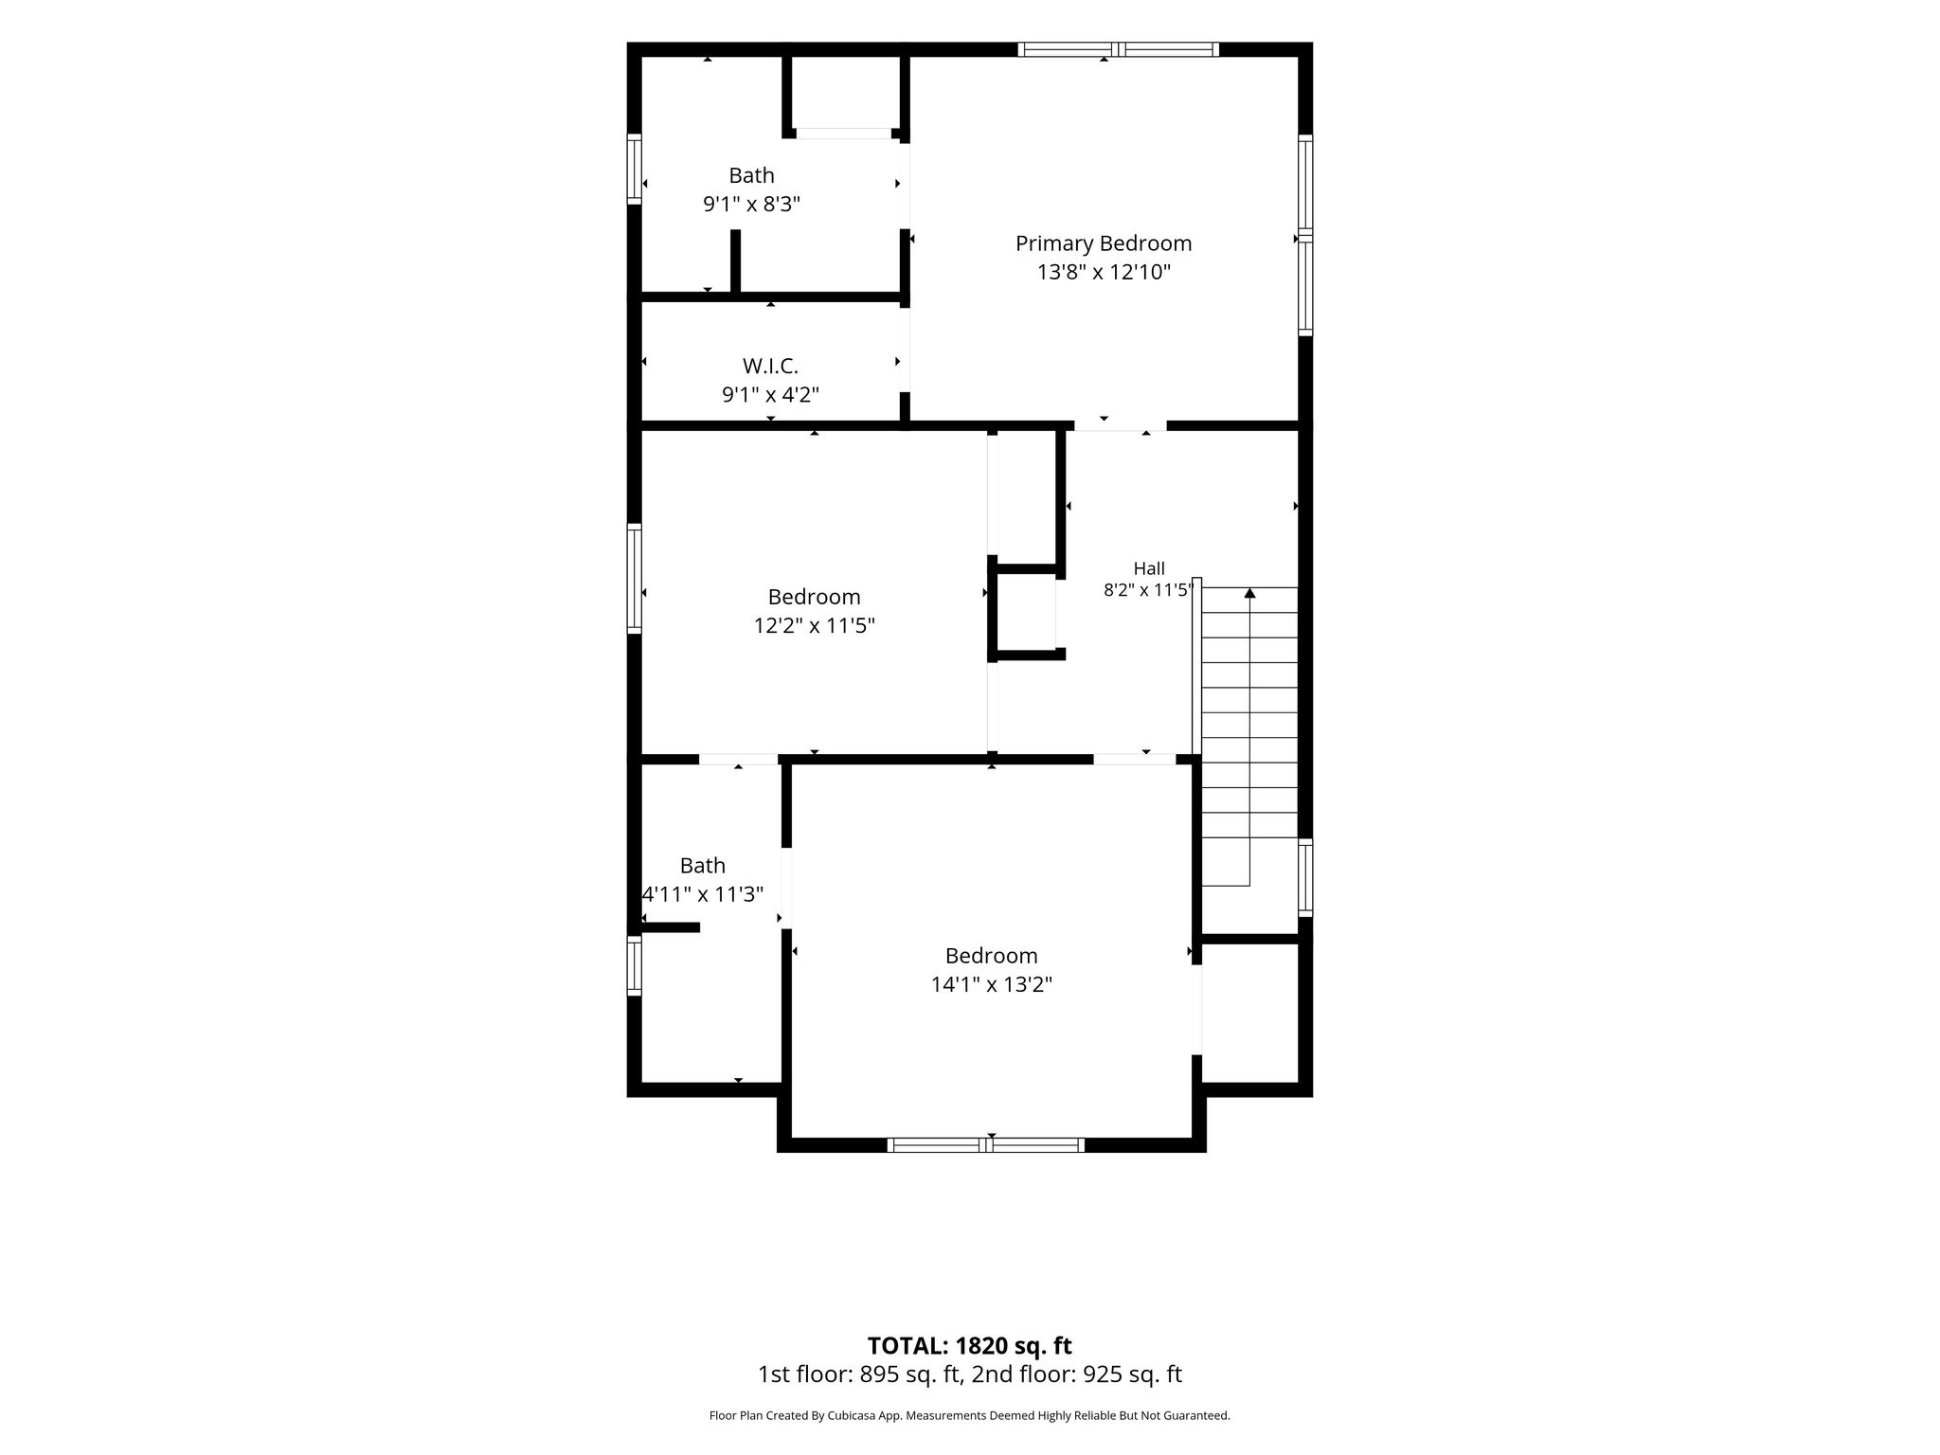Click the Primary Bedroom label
pyautogui.click(x=1104, y=243)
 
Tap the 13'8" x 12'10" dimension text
pyautogui.click(x=1104, y=273)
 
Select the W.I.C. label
pyautogui.click(x=770, y=366)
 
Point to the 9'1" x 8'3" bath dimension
pyautogui.click(x=751, y=204)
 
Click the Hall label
pyautogui.click(x=1149, y=568)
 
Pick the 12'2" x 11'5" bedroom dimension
pyautogui.click(x=814, y=626)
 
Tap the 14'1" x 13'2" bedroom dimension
pyautogui.click(x=992, y=985)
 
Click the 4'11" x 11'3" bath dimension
pyautogui.click(x=703, y=894)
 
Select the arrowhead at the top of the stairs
pyautogui.click(x=1249, y=593)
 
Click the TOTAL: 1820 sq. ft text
pyautogui.click(x=970, y=1345)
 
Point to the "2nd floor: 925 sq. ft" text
pyautogui.click(x=1075, y=1374)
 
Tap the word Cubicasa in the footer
pyautogui.click(x=865, y=1416)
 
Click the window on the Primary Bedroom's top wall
pyautogui.click(x=1119, y=49)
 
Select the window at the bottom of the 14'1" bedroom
pyautogui.click(x=986, y=1145)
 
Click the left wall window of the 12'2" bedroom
pyautogui.click(x=635, y=578)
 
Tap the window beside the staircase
pyautogui.click(x=1305, y=878)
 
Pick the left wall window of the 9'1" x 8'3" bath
pyautogui.click(x=635, y=169)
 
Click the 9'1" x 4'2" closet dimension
pyautogui.click(x=770, y=395)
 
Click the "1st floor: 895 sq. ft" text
pyautogui.click(x=858, y=1374)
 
